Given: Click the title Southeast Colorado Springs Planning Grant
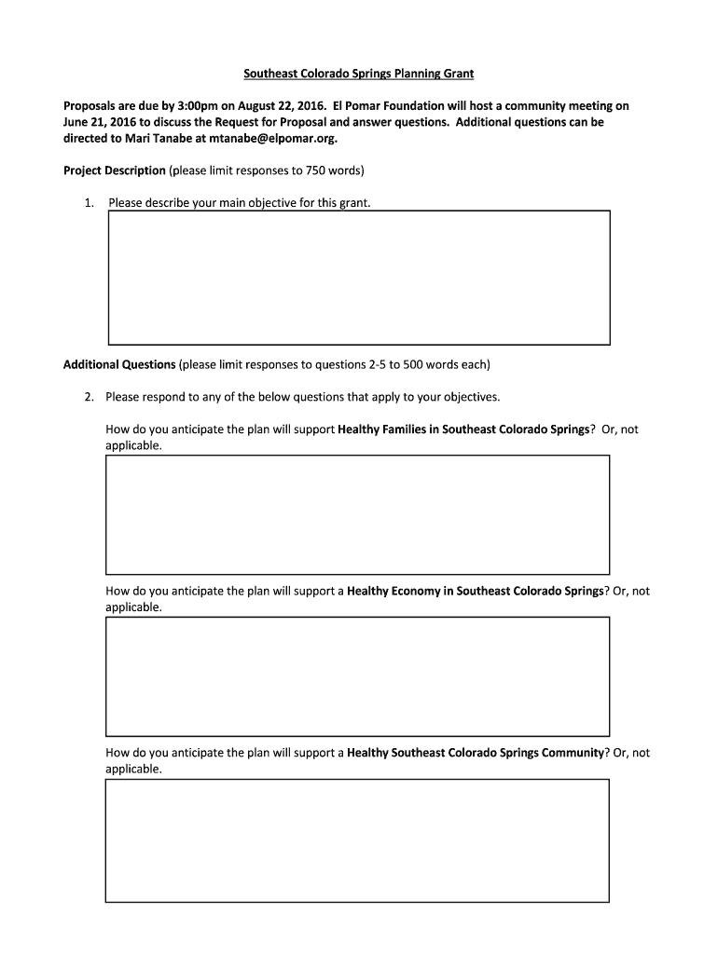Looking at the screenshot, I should click(x=359, y=73).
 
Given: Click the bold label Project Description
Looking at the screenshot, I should click(x=115, y=170).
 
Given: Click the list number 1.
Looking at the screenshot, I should click(x=88, y=202).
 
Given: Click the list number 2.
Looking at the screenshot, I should click(x=88, y=397).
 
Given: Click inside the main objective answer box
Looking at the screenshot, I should click(x=359, y=278).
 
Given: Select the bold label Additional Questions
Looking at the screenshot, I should click(x=119, y=364).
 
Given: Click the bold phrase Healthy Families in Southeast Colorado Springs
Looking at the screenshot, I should click(x=463, y=429).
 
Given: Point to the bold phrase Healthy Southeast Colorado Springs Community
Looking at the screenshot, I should click(x=475, y=753).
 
